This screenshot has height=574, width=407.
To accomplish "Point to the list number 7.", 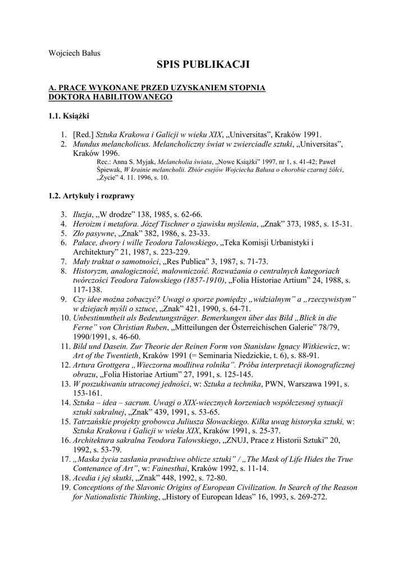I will point(63,261).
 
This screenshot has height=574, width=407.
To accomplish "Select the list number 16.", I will point(63,440).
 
